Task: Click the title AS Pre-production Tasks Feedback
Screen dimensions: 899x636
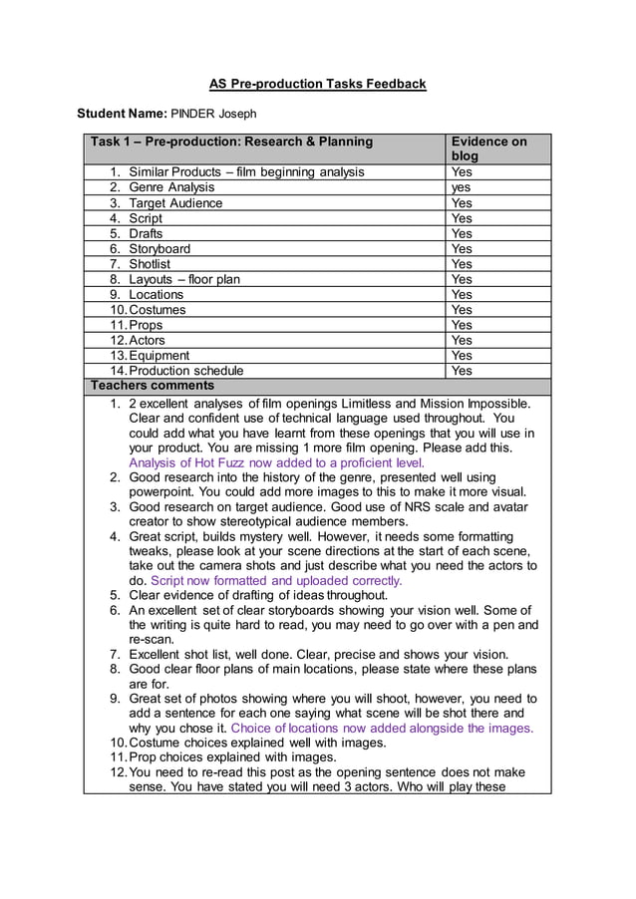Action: (x=317, y=84)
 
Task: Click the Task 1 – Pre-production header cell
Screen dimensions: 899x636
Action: (x=231, y=142)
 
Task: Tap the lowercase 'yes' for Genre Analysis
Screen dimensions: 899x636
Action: (x=462, y=187)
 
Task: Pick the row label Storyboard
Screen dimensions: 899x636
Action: (x=159, y=248)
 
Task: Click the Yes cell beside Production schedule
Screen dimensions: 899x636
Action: (x=463, y=371)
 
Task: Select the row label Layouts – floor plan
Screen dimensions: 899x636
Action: (x=184, y=279)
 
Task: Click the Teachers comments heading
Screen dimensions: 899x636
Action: (x=153, y=386)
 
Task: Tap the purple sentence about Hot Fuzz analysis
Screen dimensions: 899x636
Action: (x=276, y=462)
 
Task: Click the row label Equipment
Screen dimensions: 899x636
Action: (x=159, y=355)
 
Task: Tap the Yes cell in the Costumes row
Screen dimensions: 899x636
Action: (x=463, y=309)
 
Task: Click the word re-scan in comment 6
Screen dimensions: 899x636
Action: (x=153, y=639)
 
